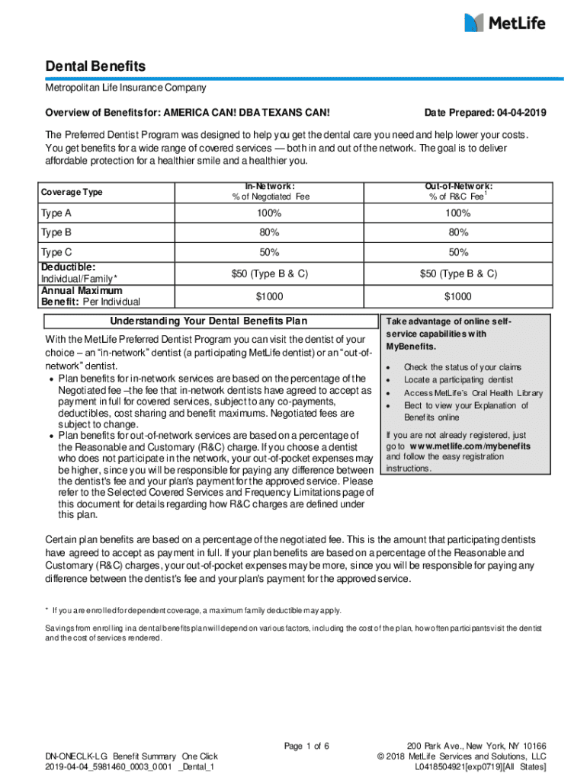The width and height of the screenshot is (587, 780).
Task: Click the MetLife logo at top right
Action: [505, 23]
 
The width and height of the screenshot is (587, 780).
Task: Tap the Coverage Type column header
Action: [72, 192]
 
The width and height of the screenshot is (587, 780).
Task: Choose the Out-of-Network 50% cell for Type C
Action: [459, 252]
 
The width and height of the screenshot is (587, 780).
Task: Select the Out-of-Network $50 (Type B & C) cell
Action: [459, 273]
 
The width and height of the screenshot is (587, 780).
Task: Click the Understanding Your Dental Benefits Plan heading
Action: [209, 320]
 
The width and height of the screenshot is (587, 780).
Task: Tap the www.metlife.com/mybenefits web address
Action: [470, 446]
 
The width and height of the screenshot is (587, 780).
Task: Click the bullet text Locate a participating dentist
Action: [458, 379]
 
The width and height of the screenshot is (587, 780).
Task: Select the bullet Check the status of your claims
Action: [463, 367]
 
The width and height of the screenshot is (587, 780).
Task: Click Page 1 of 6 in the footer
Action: [306, 746]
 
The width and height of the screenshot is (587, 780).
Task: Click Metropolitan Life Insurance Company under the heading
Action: [125, 88]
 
